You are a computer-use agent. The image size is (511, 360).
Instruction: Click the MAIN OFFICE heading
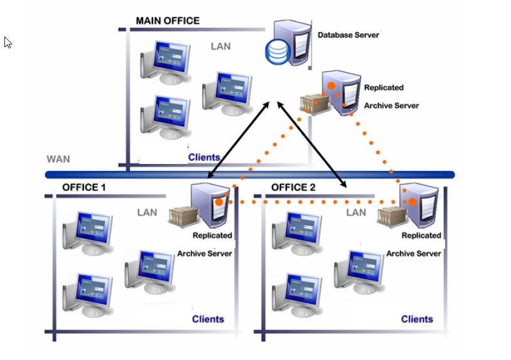(168, 21)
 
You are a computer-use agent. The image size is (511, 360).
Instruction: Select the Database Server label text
(348, 35)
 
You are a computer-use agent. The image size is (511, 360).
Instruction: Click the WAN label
(58, 159)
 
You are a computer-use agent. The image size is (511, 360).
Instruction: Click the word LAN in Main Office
(220, 46)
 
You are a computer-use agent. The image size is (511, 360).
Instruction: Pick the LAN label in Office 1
(147, 212)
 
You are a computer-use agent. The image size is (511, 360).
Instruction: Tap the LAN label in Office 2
(356, 212)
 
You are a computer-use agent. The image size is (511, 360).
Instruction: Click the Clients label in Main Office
(204, 157)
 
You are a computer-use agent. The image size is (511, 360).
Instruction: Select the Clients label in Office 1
(208, 319)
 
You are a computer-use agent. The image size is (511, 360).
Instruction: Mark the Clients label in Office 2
(417, 319)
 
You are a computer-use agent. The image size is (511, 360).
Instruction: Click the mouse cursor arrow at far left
(8, 42)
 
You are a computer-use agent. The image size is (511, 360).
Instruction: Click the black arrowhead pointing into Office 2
(344, 184)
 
